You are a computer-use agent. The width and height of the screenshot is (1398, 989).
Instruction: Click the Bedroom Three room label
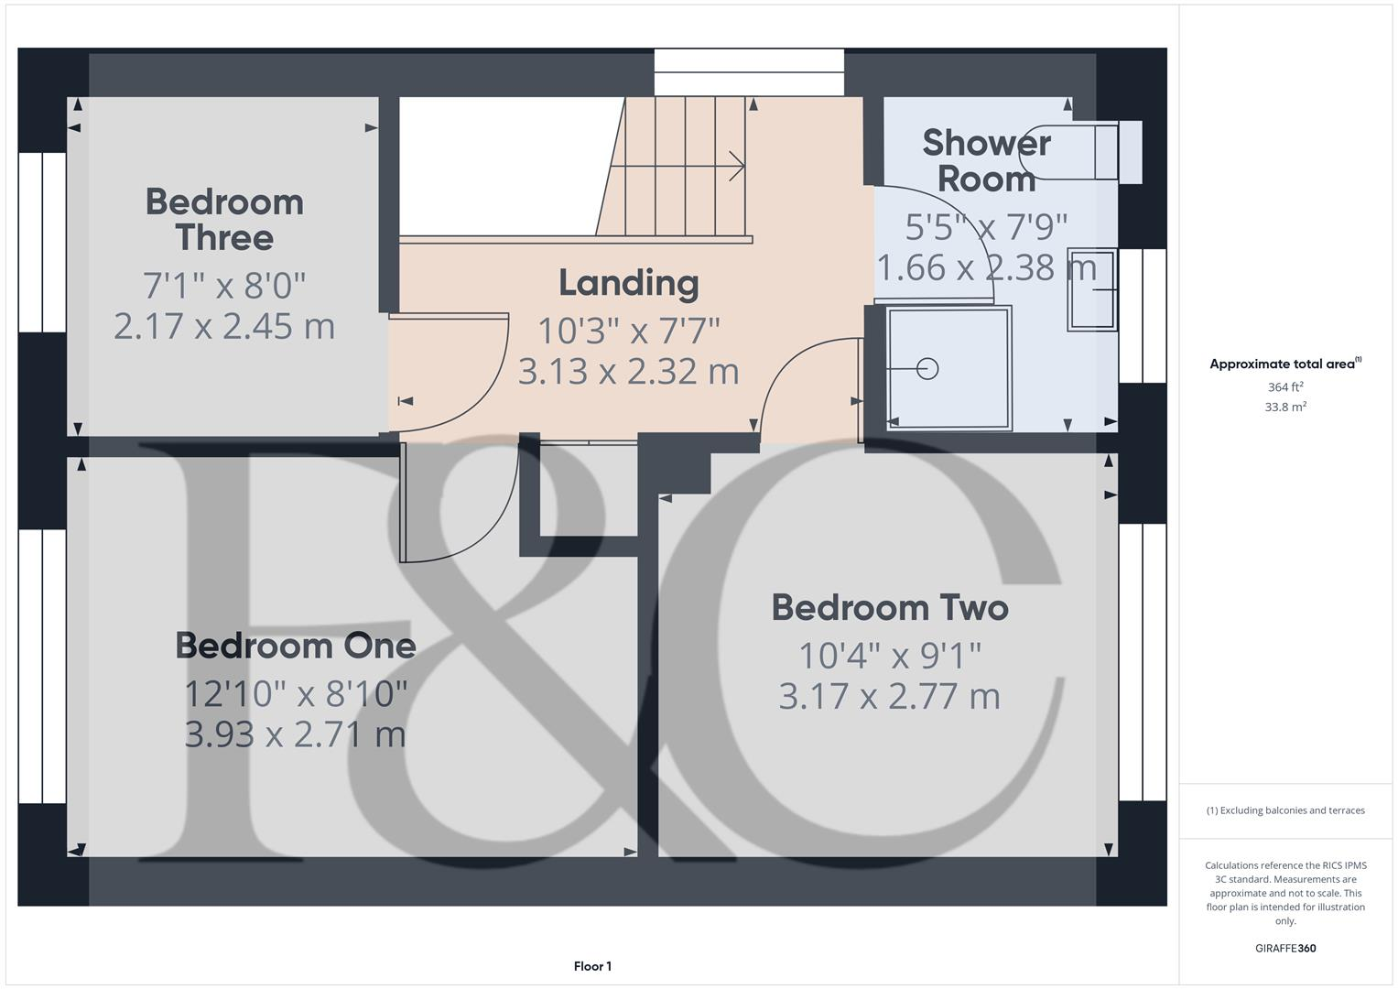tap(224, 220)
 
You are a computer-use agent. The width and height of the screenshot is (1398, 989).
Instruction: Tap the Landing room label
tap(629, 283)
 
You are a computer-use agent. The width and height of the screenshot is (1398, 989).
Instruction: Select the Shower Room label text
tap(986, 161)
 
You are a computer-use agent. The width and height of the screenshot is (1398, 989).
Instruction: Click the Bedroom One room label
tap(296, 647)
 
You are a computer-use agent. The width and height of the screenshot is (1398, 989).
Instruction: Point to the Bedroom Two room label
tap(890, 608)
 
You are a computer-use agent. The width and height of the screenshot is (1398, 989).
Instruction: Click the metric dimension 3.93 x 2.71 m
tap(295, 734)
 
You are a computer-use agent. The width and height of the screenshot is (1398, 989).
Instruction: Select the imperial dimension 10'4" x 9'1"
tap(890, 656)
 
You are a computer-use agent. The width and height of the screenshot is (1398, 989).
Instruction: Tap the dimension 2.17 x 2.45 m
tap(224, 327)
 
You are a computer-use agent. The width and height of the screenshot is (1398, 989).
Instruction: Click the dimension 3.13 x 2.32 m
tap(629, 372)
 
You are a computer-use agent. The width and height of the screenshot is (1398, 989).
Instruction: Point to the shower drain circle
tap(928, 369)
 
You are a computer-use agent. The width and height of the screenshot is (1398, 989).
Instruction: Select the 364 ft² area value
tap(1285, 387)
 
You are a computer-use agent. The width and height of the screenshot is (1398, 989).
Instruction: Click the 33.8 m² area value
tap(1285, 408)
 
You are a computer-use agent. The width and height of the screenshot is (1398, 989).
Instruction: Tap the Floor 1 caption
tap(592, 966)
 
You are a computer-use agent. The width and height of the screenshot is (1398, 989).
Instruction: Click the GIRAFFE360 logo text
tap(1285, 948)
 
